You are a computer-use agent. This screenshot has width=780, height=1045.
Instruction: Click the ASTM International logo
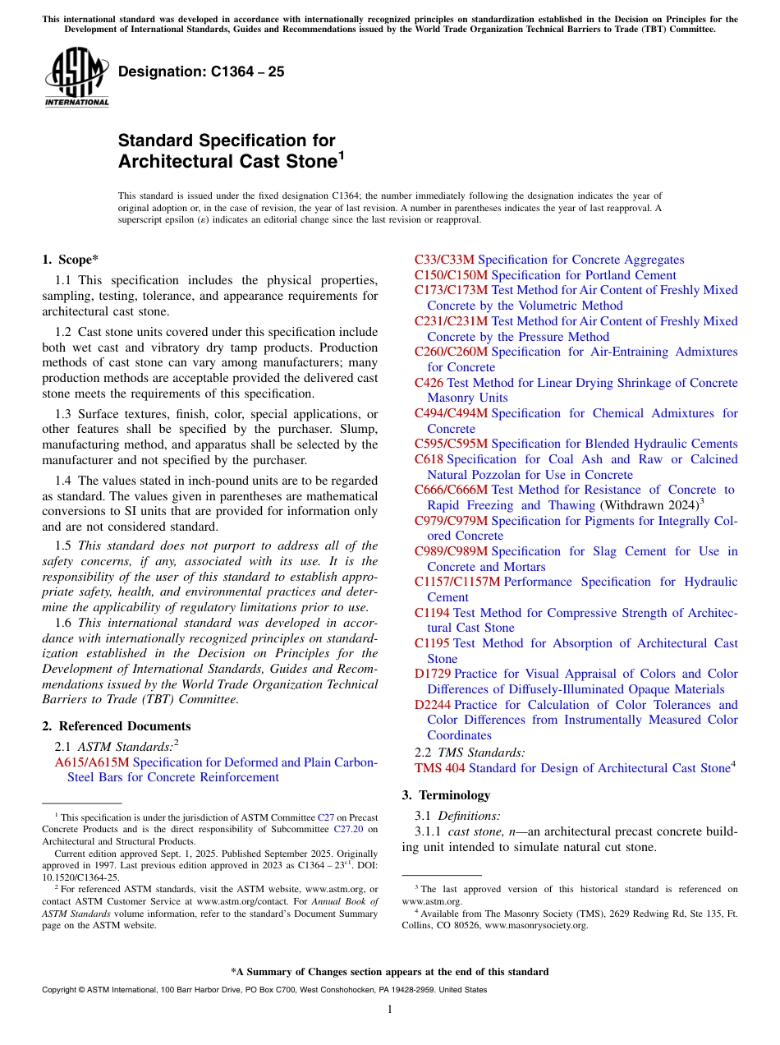click(x=76, y=77)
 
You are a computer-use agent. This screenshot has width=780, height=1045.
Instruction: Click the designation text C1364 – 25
click(x=201, y=71)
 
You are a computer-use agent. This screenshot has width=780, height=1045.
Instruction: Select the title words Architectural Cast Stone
click(x=227, y=161)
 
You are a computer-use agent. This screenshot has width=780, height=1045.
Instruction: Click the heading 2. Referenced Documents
click(x=117, y=726)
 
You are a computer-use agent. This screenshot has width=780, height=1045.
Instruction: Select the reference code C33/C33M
click(x=444, y=260)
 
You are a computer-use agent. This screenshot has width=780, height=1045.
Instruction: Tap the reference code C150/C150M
click(x=451, y=275)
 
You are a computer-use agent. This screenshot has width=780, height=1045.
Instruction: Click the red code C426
click(x=429, y=383)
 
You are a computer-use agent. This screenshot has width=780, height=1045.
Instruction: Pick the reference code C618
click(x=429, y=459)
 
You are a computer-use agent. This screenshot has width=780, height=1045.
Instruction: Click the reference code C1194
click(x=432, y=613)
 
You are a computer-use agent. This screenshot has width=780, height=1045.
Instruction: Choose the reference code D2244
click(x=433, y=705)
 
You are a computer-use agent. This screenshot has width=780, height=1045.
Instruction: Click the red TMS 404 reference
click(x=439, y=768)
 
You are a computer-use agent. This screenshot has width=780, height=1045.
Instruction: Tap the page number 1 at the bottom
click(x=390, y=1009)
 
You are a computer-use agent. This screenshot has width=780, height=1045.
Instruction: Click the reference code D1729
click(x=433, y=674)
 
